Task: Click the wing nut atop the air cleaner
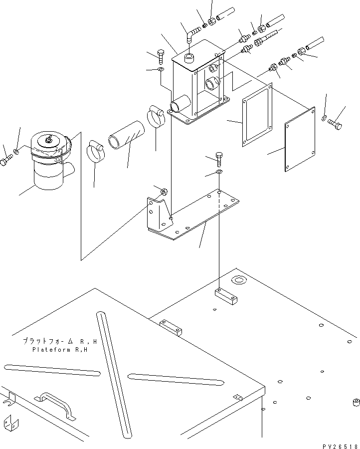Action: pyautogui.click(x=49, y=141)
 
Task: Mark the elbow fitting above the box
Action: pyautogui.click(x=191, y=35)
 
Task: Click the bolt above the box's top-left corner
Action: pyautogui.click(x=160, y=55)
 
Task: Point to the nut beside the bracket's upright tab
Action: pyautogui.click(x=163, y=192)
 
